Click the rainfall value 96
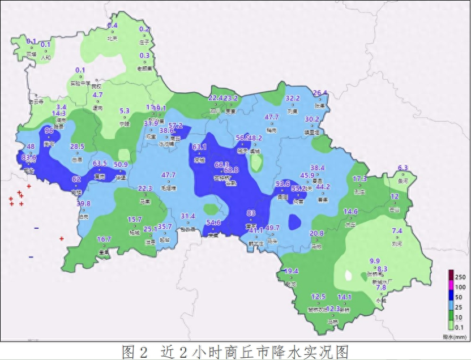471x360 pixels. pos(49,131)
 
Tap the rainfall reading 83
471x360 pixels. pos(252,213)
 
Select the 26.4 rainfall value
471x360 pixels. pos(320,93)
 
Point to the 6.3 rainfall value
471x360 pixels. pos(403,168)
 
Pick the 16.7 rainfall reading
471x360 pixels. pos(104,239)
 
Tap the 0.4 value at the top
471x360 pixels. pos(113,25)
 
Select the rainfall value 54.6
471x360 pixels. pos(213,222)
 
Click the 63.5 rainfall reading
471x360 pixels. pos(100,164)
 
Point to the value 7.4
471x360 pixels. pos(397,231)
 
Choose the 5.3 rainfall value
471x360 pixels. pos(125,111)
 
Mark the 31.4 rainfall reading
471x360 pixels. pos(187,216)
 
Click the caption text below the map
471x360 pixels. pos(235,352)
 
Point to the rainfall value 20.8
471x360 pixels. pos(317,233)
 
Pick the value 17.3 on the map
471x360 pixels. pos(360,179)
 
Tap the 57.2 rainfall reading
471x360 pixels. pos(175,126)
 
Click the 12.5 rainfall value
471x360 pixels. pos(318,297)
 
